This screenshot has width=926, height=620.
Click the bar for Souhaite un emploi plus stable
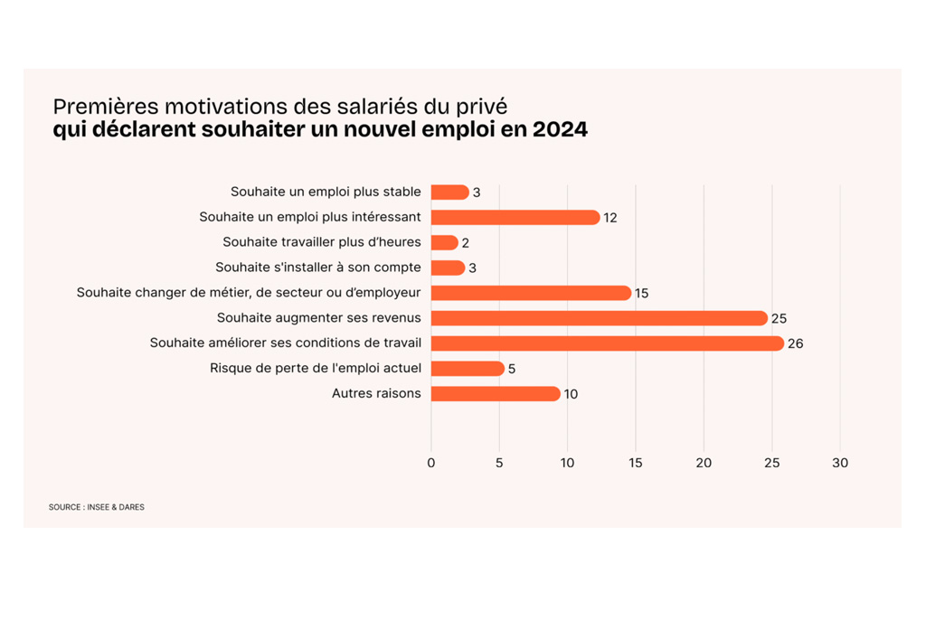(x=449, y=193)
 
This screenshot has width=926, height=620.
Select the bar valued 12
(x=515, y=218)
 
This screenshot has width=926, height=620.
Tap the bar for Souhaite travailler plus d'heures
(x=444, y=243)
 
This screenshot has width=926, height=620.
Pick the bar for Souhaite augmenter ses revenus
(x=599, y=318)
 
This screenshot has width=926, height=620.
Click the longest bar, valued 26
(x=607, y=343)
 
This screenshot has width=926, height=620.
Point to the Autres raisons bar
(x=496, y=394)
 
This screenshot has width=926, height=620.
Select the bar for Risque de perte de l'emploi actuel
(x=467, y=369)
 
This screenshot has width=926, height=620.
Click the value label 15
(x=642, y=294)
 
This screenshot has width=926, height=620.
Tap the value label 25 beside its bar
(x=779, y=319)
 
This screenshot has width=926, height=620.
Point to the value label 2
(x=466, y=243)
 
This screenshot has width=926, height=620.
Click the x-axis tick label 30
(x=840, y=463)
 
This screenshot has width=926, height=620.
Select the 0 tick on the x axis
(x=431, y=463)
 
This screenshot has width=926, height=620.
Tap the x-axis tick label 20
(x=704, y=463)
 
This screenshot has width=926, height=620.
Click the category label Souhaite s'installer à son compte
(x=318, y=268)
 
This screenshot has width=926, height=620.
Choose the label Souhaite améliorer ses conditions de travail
(x=286, y=343)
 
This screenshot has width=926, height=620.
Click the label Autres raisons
(x=376, y=393)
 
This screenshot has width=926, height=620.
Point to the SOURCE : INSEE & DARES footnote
(x=97, y=507)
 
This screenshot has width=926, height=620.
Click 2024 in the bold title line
(x=560, y=130)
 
